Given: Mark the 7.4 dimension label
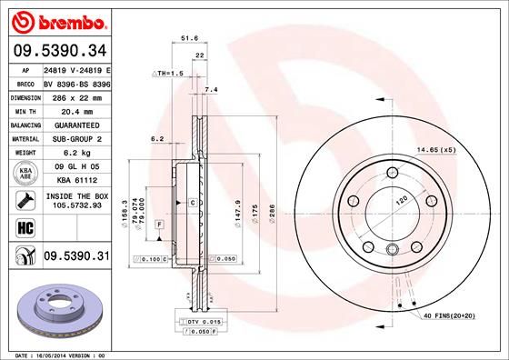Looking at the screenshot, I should click(x=212, y=89).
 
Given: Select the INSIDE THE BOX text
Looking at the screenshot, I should click(x=75, y=196).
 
